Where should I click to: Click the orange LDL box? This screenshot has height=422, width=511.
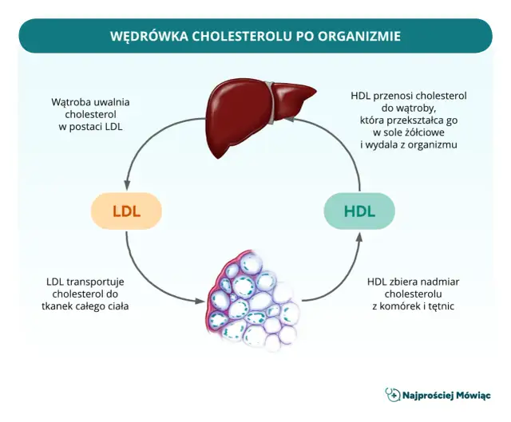126,211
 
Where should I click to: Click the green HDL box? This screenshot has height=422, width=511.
359,211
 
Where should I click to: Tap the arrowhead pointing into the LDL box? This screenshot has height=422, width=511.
126,185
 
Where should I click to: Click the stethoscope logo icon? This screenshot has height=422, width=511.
391,395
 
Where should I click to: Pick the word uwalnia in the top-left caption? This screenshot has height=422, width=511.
112,102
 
